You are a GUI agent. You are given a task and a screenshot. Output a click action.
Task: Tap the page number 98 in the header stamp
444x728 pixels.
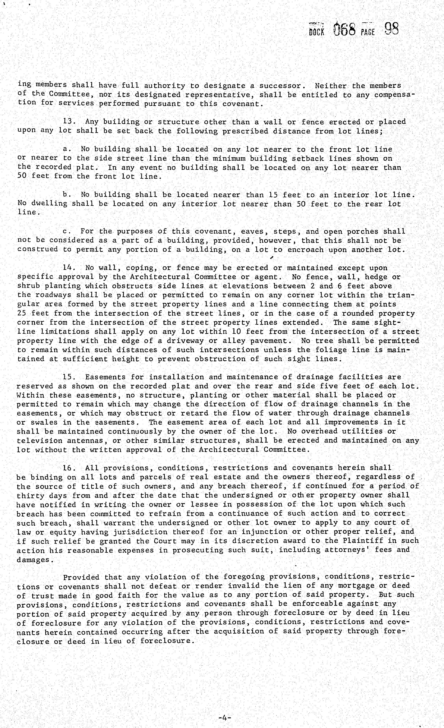point(392,29)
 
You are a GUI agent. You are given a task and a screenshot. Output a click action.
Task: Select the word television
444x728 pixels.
point(40,441)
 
